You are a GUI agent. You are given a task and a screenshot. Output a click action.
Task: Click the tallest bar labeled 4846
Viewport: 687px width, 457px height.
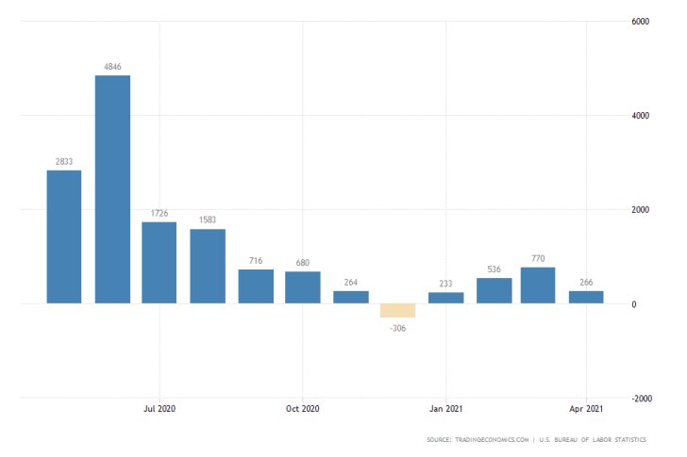click(112, 189)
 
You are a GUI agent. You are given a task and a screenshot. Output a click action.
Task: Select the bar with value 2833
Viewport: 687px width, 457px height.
click(64, 237)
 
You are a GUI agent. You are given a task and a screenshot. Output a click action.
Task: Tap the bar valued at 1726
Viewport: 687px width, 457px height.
click(159, 263)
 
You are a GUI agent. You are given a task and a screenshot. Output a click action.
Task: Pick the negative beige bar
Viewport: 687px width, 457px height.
click(397, 310)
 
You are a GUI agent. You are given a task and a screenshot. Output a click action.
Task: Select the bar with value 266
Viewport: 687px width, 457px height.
click(586, 297)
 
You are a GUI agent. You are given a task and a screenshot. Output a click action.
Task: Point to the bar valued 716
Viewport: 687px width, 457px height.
click(255, 286)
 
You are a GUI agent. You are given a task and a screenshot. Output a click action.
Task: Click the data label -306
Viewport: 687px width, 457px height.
click(397, 327)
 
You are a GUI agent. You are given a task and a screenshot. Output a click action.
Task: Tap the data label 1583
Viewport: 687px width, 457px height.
click(207, 220)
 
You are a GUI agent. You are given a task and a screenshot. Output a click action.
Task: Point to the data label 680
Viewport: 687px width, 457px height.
click(302, 262)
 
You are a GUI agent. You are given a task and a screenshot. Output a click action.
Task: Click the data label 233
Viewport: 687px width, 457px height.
click(445, 283)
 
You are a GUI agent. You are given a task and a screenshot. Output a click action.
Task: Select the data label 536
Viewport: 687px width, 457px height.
click(493, 269)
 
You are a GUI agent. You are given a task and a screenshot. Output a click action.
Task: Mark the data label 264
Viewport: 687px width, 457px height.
click(350, 281)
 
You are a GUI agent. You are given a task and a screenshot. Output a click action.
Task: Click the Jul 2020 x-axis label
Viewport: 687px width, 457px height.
click(159, 409)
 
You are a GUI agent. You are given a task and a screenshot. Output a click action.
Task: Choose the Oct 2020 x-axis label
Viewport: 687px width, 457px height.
click(302, 409)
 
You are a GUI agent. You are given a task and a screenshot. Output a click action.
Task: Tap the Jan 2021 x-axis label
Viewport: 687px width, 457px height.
click(445, 409)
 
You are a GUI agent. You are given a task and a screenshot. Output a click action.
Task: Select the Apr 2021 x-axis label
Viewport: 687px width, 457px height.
click(587, 409)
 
